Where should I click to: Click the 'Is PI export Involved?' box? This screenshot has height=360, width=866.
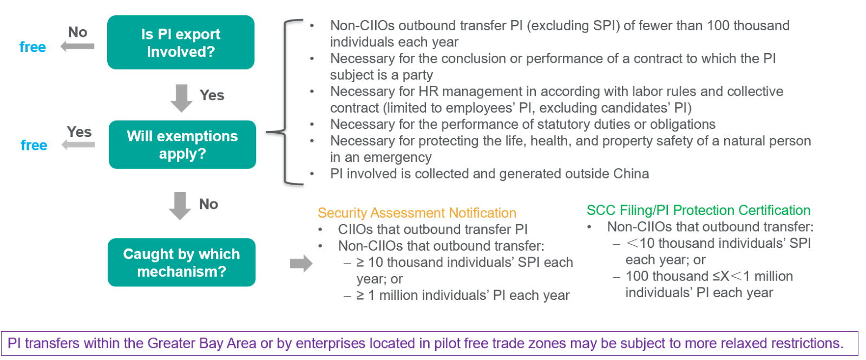[181, 42]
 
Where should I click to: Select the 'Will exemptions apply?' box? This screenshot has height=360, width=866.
[182, 145]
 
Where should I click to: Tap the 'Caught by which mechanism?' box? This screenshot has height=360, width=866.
[181, 263]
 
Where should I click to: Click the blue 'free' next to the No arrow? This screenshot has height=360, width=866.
[32, 48]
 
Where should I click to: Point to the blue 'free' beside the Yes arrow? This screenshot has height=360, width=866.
[34, 146]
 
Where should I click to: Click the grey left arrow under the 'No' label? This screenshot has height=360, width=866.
[77, 47]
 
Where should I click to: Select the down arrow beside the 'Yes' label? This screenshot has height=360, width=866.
[181, 97]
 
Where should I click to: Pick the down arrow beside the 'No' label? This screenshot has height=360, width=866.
[180, 206]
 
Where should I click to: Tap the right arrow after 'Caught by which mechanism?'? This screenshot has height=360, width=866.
[301, 264]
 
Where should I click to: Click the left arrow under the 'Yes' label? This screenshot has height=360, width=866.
[78, 145]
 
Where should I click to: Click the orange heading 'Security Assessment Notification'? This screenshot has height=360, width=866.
[417, 213]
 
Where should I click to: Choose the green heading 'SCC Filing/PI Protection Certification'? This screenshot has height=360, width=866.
[698, 210]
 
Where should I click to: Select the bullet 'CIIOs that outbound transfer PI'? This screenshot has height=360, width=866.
[432, 230]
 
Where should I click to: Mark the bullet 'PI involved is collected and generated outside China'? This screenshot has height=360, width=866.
[489, 174]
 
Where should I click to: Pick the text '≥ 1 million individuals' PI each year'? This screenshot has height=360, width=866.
[463, 296]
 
